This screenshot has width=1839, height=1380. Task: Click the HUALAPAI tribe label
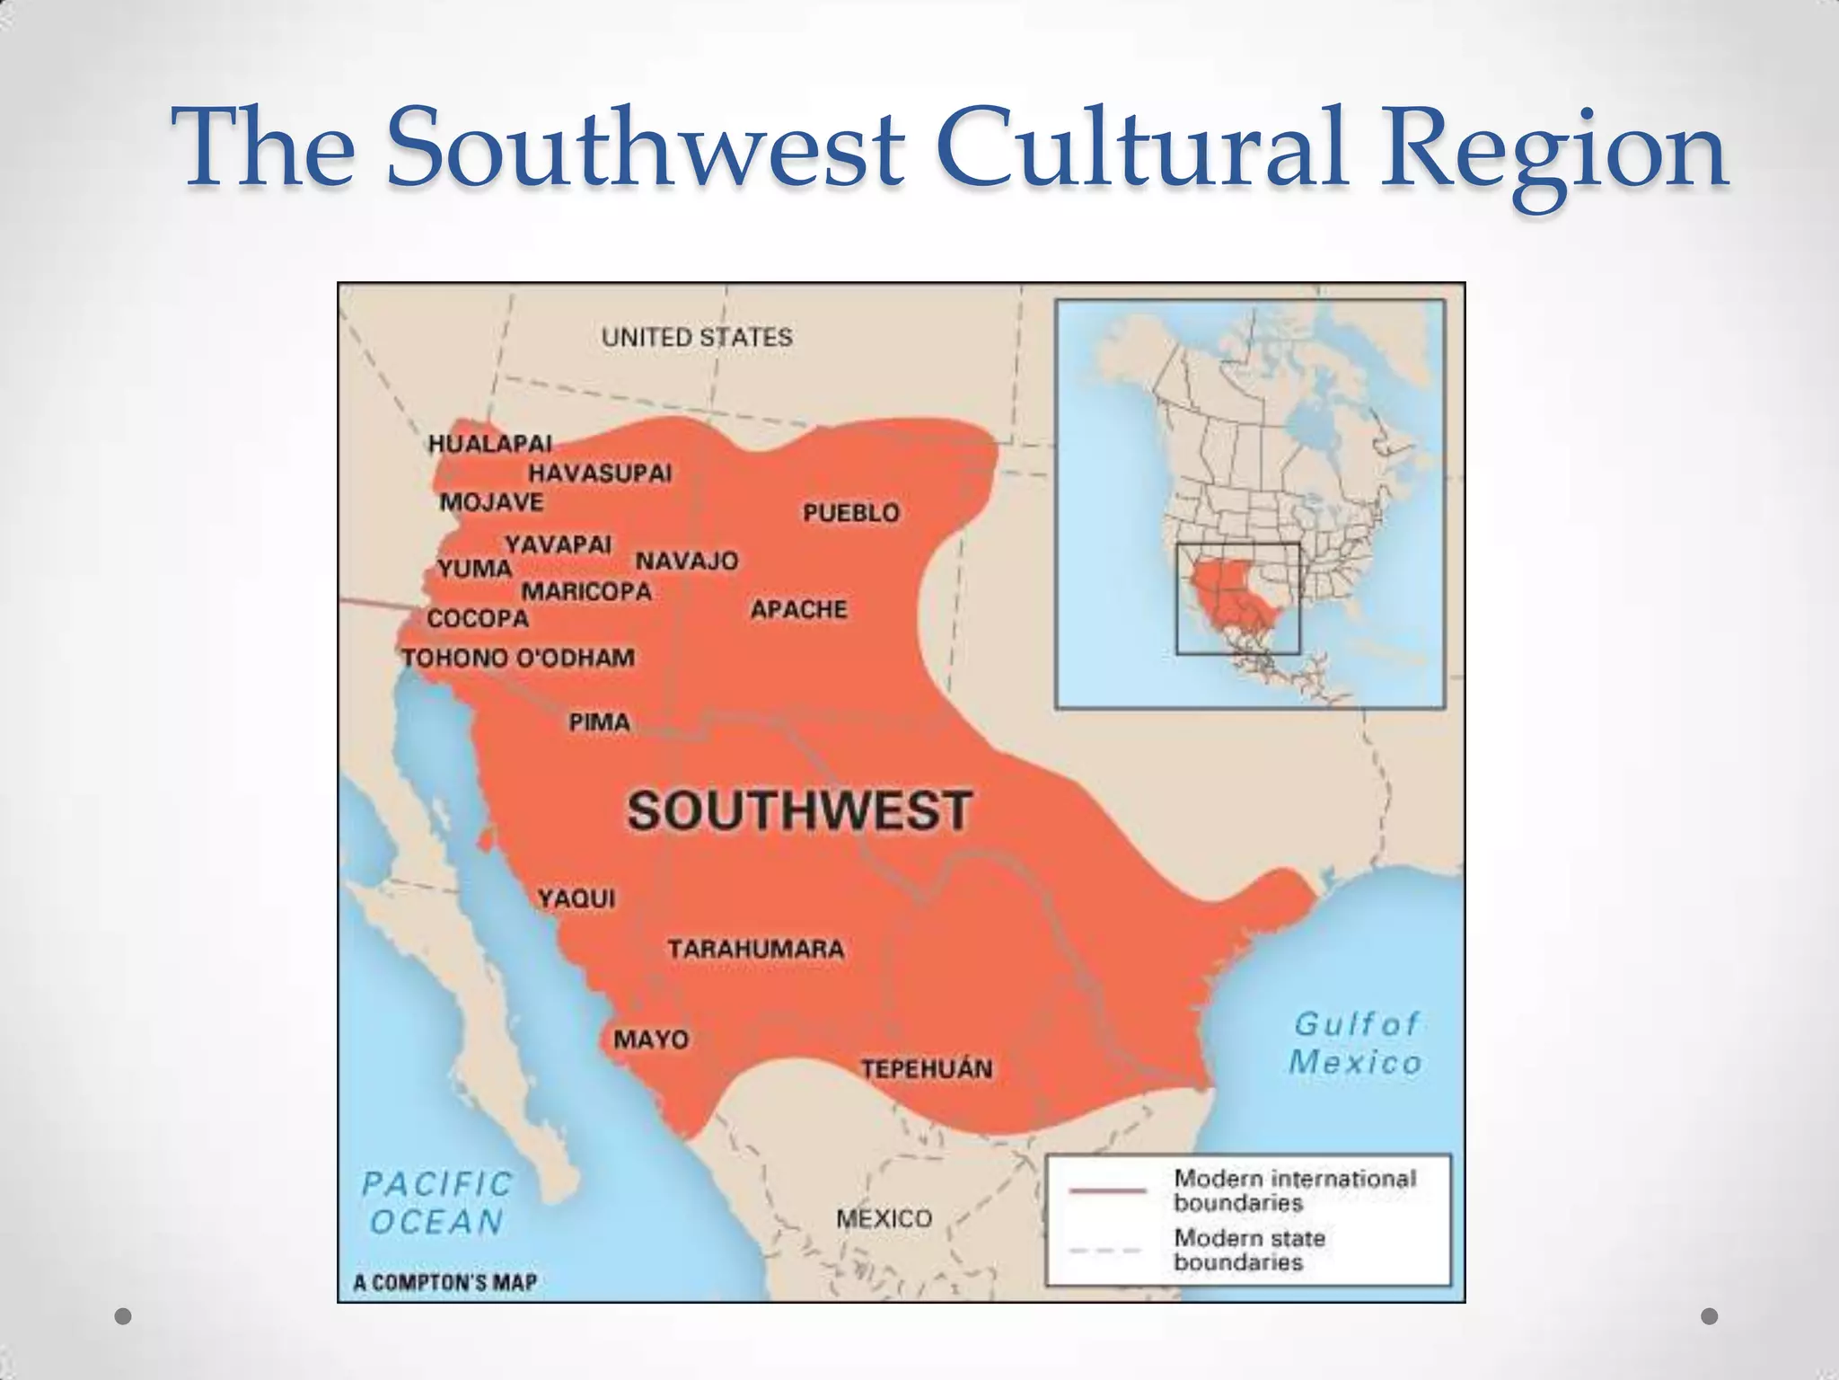(489, 444)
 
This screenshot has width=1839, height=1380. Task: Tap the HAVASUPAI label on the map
(600, 473)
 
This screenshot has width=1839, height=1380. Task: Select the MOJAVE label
(491, 502)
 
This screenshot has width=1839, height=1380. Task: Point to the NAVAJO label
(687, 562)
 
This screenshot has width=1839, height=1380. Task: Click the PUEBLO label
(850, 513)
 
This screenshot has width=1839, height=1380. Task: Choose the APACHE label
(798, 610)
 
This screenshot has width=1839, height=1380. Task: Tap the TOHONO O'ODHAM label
(518, 659)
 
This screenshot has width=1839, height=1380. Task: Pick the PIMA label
(599, 722)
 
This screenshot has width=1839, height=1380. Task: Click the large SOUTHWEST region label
(798, 810)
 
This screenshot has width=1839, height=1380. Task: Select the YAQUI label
(576, 898)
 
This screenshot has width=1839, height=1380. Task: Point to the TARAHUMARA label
(755, 950)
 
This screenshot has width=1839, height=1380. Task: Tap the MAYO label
(651, 1039)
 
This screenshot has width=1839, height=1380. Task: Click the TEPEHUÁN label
(927, 1069)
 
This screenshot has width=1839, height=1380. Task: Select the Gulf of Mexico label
(1355, 1043)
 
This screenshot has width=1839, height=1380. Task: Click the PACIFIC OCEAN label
(436, 1203)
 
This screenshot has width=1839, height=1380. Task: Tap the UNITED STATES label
(697, 338)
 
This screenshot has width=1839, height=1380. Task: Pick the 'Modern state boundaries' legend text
(1249, 1250)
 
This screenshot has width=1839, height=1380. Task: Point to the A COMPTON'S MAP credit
(445, 1283)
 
